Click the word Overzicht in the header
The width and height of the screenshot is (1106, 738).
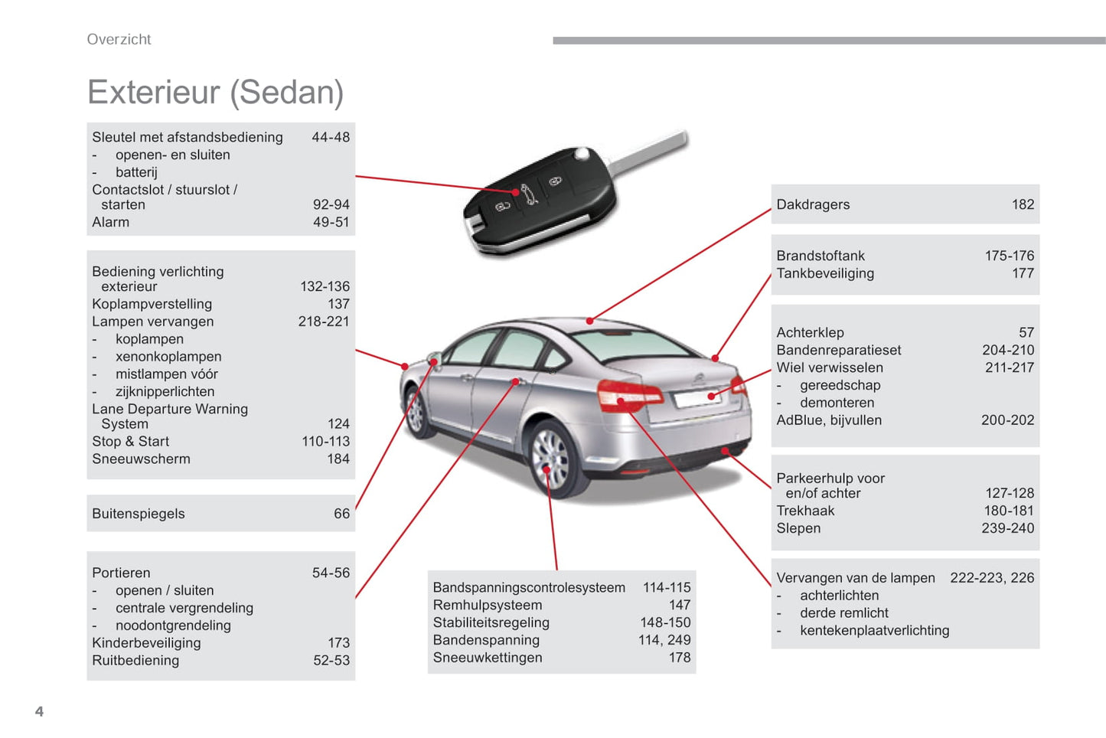119,39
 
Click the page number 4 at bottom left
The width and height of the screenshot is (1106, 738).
40,711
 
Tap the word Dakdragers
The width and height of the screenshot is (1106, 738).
813,204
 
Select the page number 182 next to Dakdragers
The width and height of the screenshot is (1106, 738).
1023,204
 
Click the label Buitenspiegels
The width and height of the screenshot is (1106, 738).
139,514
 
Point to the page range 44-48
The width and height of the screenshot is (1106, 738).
331,137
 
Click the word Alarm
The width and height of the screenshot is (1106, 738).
110,222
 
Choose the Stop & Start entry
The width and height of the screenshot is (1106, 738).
130,441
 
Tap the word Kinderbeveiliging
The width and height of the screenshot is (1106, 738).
146,642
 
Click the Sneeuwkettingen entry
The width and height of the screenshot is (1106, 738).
488,658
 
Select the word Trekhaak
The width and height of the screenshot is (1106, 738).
805,511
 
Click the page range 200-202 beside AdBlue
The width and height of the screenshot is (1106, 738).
1007,420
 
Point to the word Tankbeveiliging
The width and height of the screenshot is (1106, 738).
825,273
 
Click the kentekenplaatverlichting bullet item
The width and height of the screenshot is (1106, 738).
874,630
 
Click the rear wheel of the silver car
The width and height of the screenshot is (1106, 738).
552,459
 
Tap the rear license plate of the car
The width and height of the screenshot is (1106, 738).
697,397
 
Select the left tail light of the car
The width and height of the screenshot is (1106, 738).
628,396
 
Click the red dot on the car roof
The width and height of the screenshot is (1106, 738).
589,321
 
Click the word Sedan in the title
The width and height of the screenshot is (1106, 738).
287,93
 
